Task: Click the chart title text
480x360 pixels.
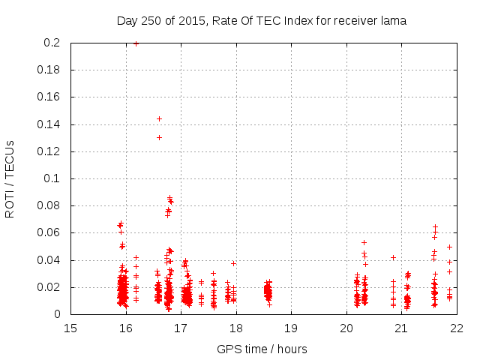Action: tap(261, 21)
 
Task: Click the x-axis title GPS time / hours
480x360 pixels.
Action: tap(262, 349)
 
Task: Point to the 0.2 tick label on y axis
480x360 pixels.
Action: tap(52, 43)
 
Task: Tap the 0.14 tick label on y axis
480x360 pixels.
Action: tap(49, 124)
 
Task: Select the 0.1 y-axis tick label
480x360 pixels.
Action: tap(52, 179)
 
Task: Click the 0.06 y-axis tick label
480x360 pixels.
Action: tap(49, 233)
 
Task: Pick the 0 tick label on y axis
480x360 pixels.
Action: tap(58, 314)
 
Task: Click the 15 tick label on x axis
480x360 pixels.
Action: tap(70, 328)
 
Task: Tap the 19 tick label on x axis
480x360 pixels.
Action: tap(291, 328)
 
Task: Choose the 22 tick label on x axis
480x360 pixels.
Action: tap(456, 328)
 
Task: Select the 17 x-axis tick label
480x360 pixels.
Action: tap(181, 328)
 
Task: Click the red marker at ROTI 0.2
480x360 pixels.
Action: tap(136, 43)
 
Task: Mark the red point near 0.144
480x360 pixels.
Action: tap(159, 118)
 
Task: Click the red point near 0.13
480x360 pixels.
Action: tap(159, 137)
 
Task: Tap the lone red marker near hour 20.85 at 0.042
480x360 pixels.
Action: tap(393, 257)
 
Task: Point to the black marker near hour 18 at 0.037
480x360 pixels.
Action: tap(233, 263)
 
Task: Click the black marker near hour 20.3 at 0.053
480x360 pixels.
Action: tap(364, 242)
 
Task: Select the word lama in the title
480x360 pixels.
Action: tap(393, 21)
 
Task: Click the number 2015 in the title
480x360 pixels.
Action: tap(192, 21)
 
